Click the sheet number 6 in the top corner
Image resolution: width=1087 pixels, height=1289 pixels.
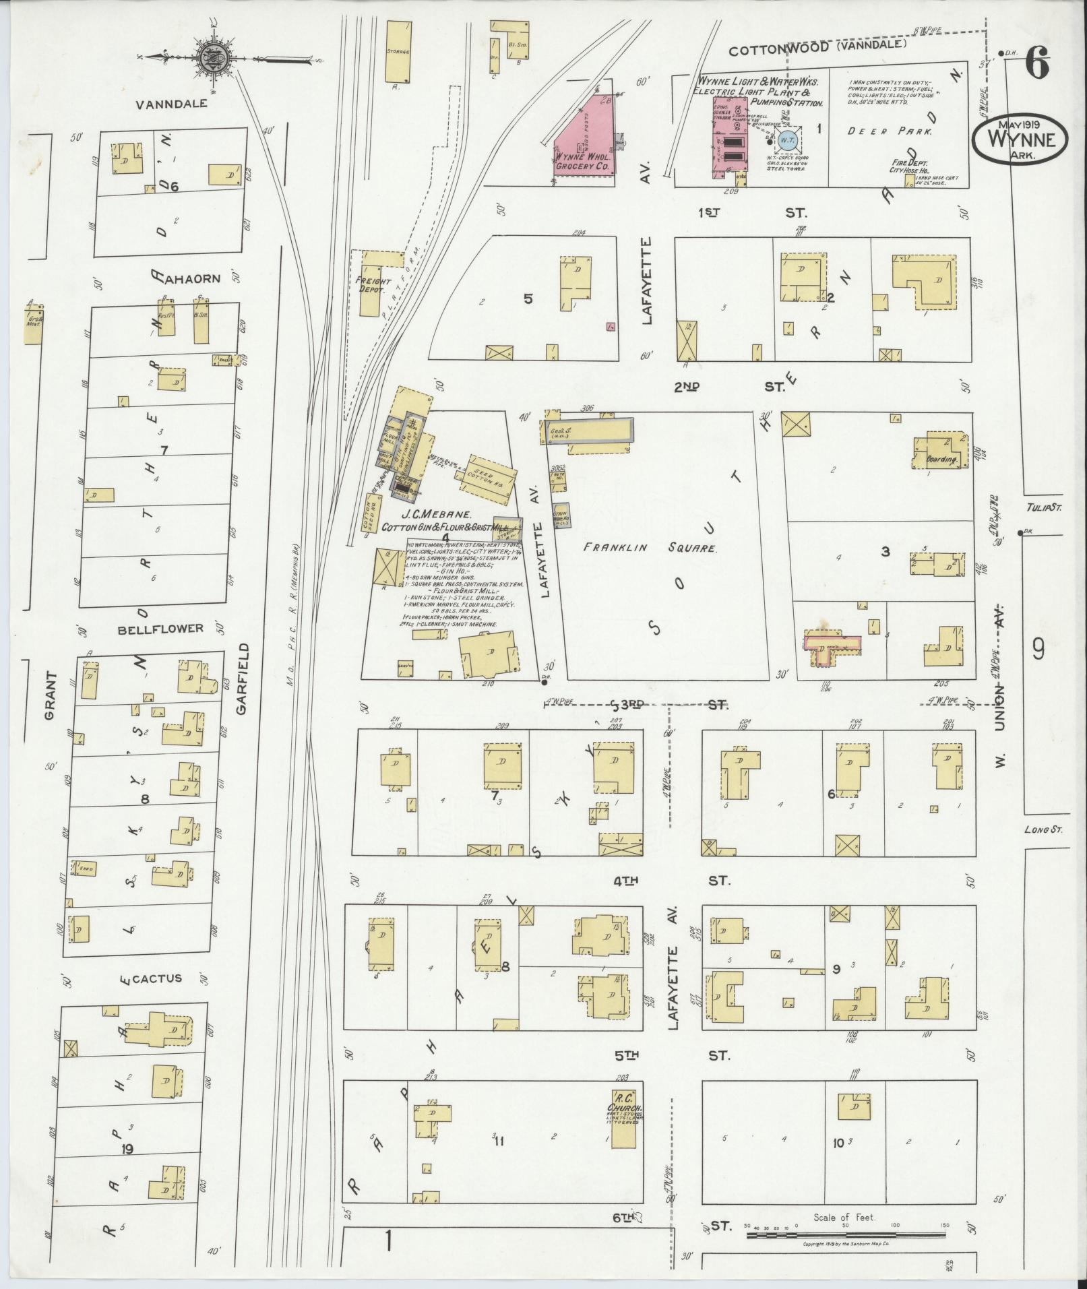pos(1037,65)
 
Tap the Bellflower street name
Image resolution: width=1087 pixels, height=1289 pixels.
pos(160,629)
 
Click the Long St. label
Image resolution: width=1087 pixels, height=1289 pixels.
pos(1043,830)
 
